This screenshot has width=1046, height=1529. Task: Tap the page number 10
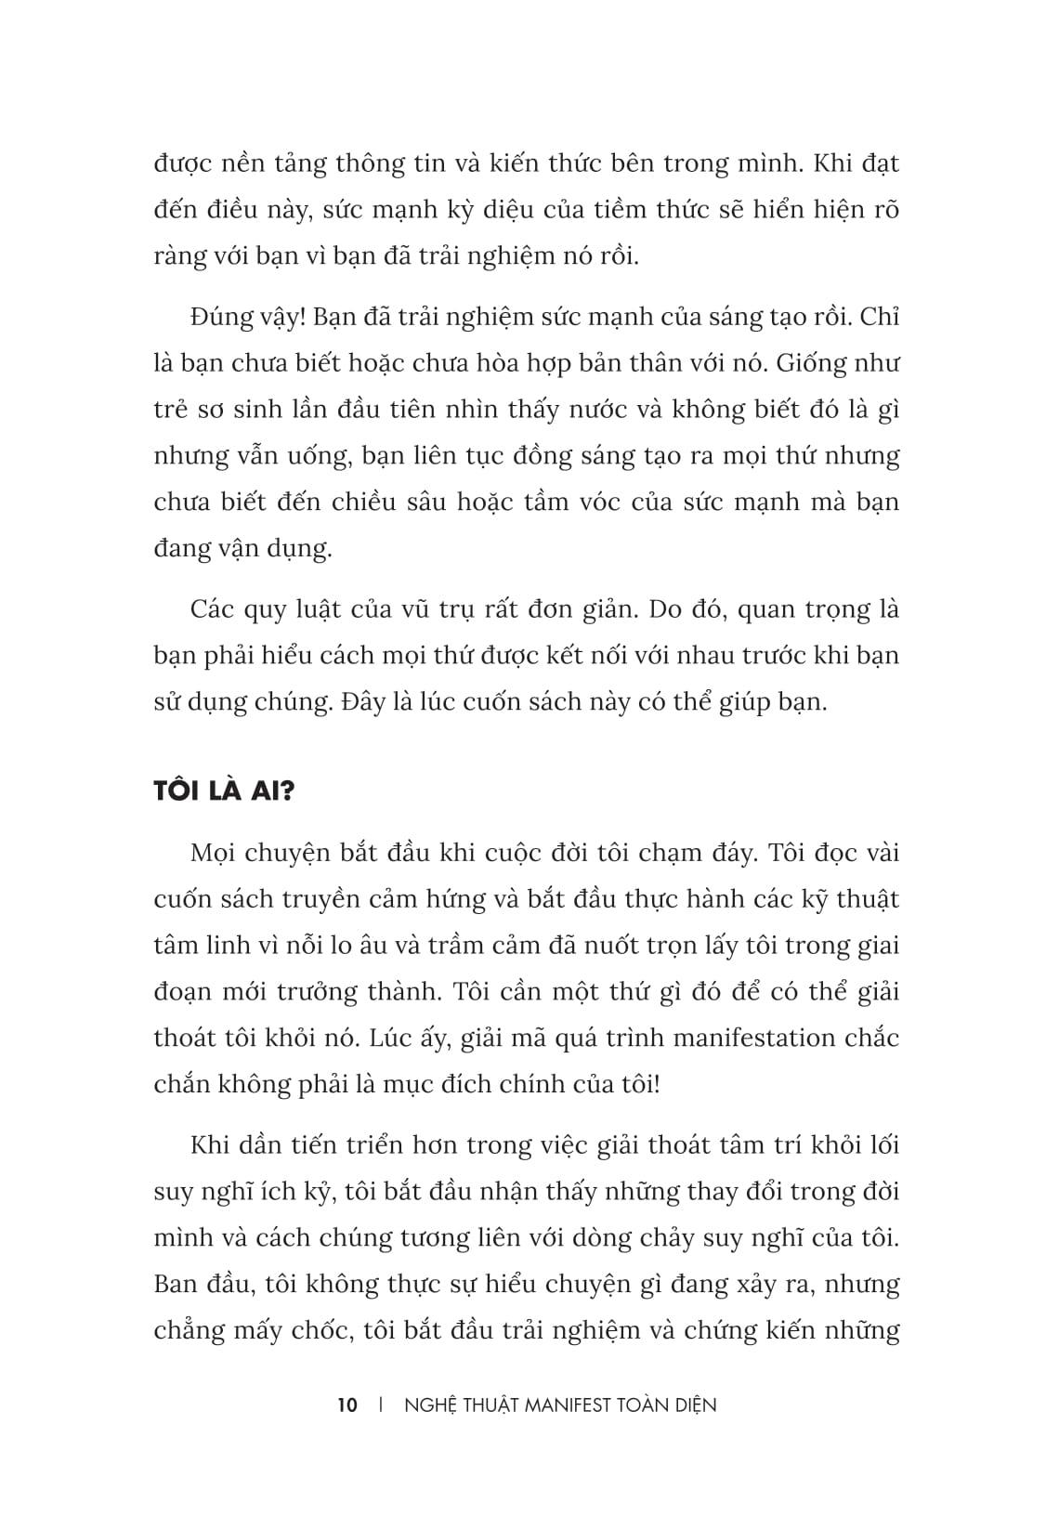(x=347, y=1405)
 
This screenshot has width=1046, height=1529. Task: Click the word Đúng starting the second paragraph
(x=220, y=318)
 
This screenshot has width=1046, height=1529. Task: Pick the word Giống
(x=813, y=363)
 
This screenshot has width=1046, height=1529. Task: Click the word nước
(x=574, y=410)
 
